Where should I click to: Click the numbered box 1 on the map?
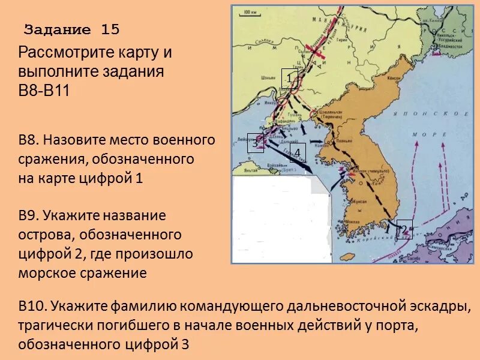click(290, 79)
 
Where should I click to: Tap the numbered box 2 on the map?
click(404, 229)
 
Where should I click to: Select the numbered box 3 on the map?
click(255, 143)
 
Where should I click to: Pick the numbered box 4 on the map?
click(298, 153)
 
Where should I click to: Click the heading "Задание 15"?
click(72, 29)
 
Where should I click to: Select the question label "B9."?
click(29, 215)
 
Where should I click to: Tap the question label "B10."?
click(32, 307)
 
